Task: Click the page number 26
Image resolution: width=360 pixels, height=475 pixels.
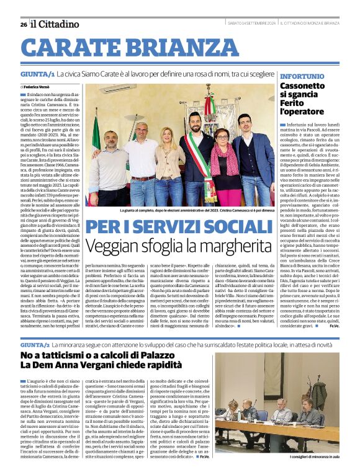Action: click(x=23, y=24)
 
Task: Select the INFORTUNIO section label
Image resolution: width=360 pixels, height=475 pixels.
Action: click(x=302, y=76)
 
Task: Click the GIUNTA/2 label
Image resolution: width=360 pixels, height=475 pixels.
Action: click(x=35, y=344)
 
